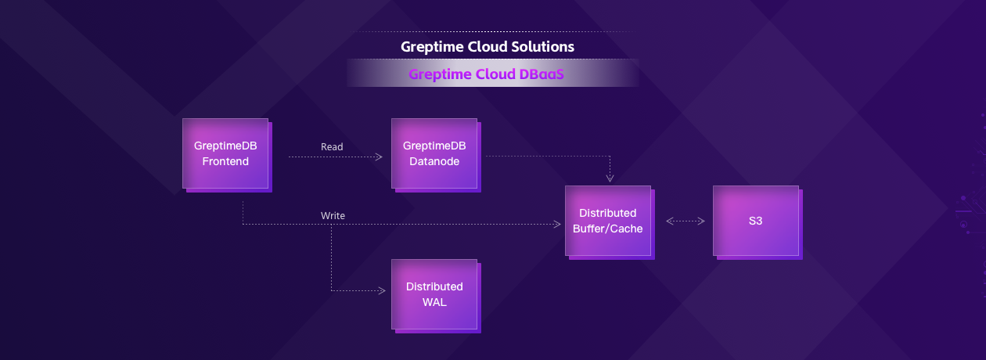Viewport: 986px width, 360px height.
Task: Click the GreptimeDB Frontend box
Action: (225, 154)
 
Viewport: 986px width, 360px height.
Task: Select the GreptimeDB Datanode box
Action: (434, 154)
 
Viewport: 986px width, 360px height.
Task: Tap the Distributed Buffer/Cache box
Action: (607, 221)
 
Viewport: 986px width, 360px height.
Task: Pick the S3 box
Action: (755, 221)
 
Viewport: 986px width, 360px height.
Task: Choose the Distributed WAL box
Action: (434, 293)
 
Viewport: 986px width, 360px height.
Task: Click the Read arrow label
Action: (332, 146)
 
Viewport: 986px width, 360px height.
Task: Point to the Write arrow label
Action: (333, 215)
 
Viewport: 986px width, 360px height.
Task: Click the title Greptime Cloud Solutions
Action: (488, 47)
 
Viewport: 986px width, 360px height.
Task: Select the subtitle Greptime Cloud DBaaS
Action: (486, 74)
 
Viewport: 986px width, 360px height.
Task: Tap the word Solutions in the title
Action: (543, 47)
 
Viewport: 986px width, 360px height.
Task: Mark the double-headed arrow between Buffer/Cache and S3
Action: (686, 221)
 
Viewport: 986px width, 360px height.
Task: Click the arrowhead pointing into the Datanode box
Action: (379, 157)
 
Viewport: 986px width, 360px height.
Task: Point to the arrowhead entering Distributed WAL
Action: (383, 291)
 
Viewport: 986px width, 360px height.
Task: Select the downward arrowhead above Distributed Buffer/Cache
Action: (610, 178)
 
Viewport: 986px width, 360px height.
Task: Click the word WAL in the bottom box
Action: (434, 301)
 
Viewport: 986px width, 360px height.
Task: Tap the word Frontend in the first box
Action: (225, 162)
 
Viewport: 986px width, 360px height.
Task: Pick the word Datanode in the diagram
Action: (434, 162)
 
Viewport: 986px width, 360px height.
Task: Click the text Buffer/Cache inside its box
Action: (607, 229)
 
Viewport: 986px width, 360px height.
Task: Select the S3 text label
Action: (755, 221)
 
